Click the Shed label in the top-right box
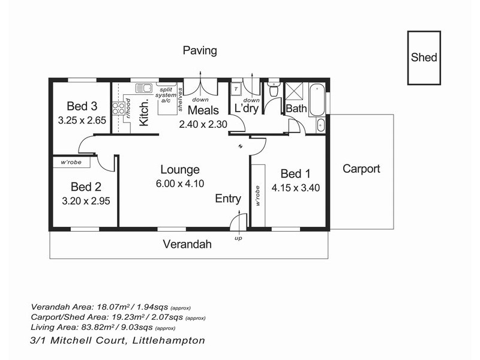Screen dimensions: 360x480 tap(424, 58)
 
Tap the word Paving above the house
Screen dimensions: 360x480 tap(199, 50)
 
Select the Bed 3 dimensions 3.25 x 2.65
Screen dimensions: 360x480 tap(82, 120)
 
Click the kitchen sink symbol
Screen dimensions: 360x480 tap(143, 88)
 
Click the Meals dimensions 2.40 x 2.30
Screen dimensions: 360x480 tap(202, 124)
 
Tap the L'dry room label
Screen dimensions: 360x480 tap(246, 110)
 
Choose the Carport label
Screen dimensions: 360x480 tap(361, 169)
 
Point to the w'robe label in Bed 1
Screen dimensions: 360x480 tap(257, 196)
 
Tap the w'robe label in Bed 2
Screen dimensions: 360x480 tap(71, 162)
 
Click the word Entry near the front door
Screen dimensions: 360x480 tap(228, 199)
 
